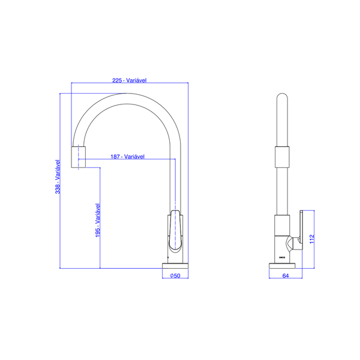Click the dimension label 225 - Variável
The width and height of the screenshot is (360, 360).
130,80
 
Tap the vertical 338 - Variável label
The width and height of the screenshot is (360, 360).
58,176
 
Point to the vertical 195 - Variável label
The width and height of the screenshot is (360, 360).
97,221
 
